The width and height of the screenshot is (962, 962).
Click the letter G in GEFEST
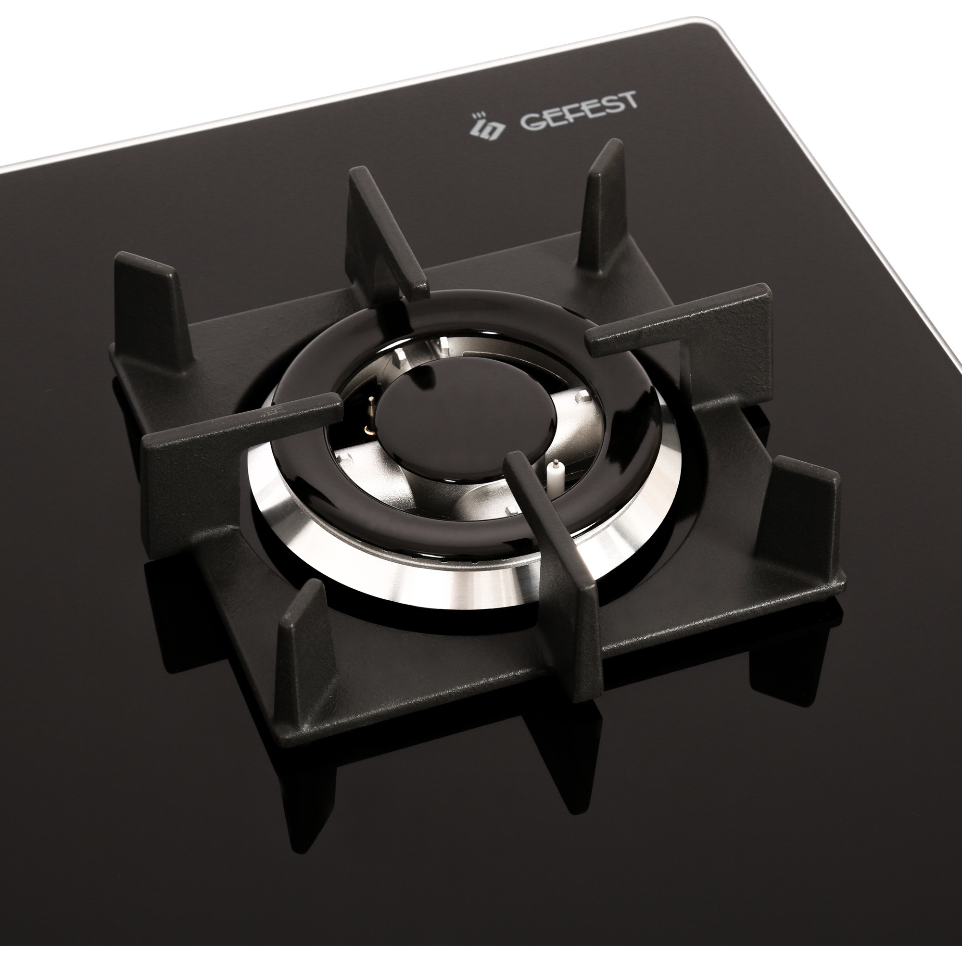(x=532, y=121)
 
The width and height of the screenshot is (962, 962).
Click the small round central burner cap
(x=420, y=415)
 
